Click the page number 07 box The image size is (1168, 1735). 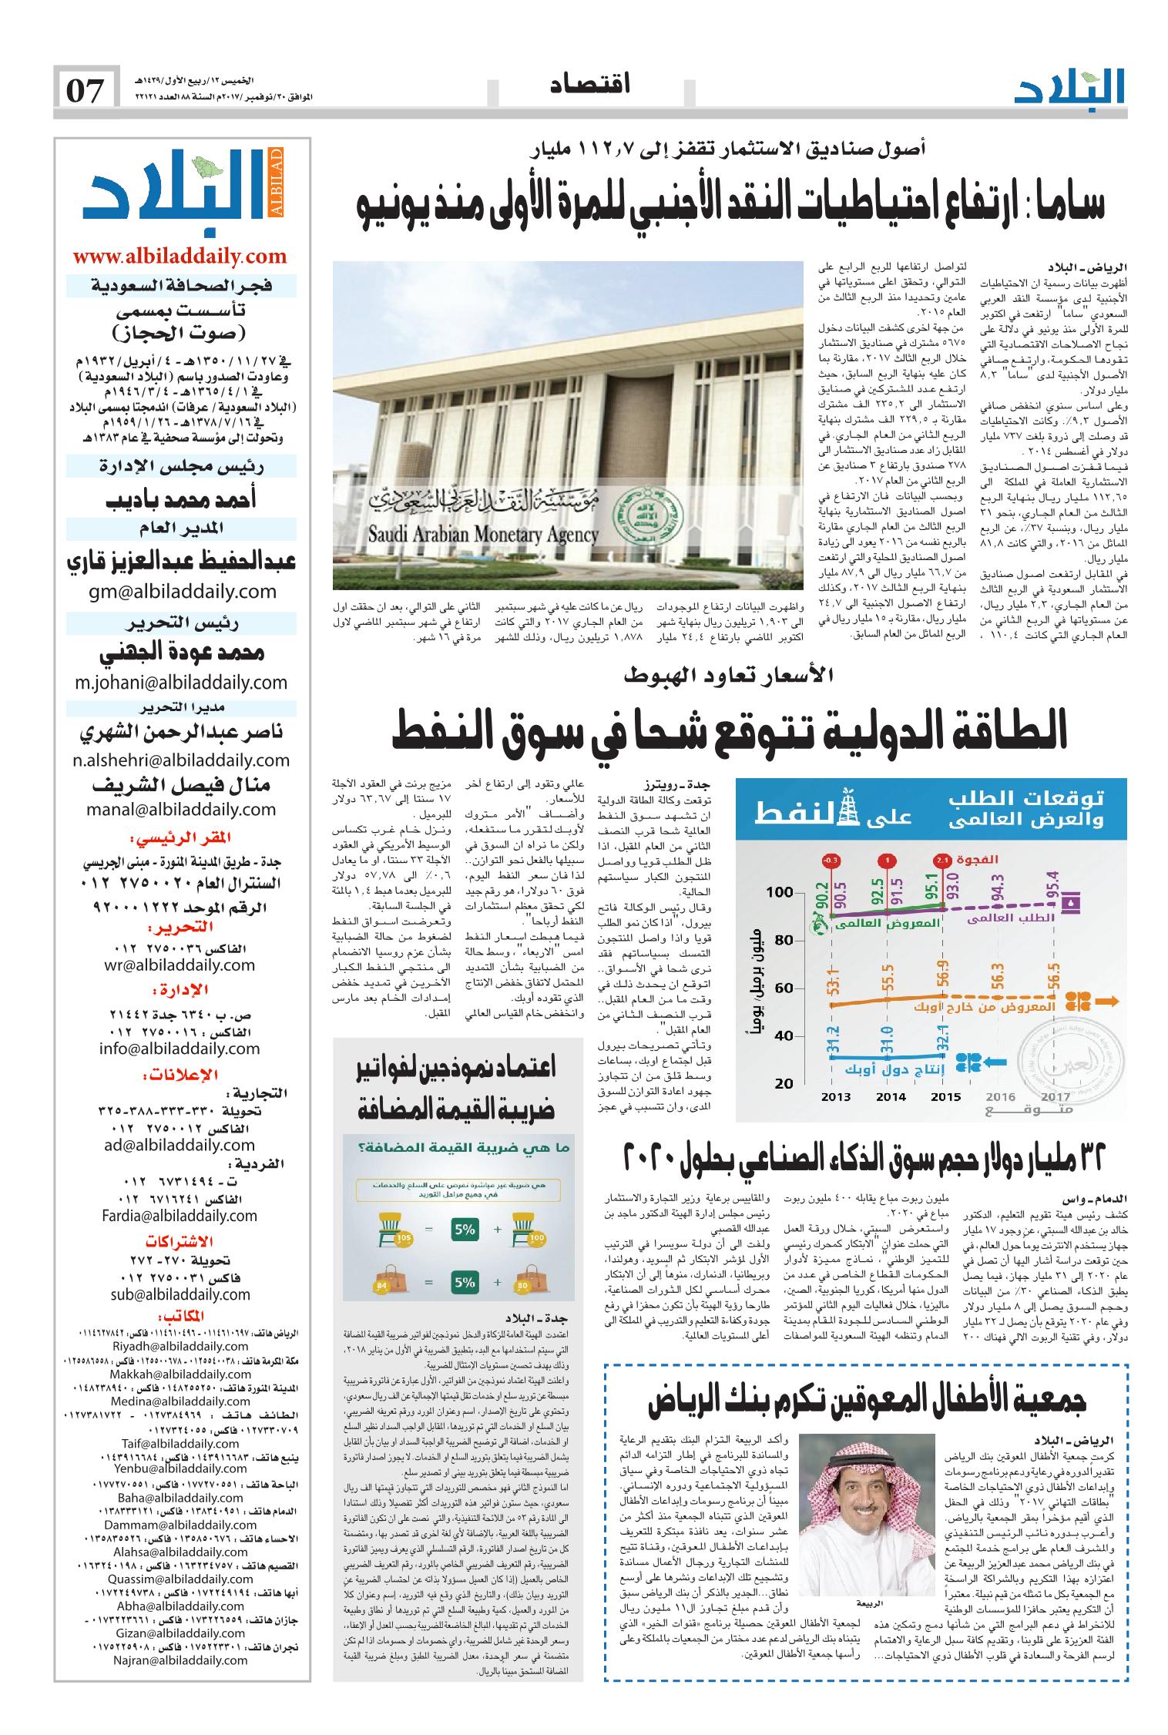point(86,92)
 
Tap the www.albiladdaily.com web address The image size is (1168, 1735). point(180,256)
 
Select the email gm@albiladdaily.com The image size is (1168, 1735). point(180,591)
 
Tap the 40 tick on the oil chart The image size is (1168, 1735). point(783,1035)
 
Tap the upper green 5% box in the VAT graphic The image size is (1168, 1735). point(465,1252)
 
